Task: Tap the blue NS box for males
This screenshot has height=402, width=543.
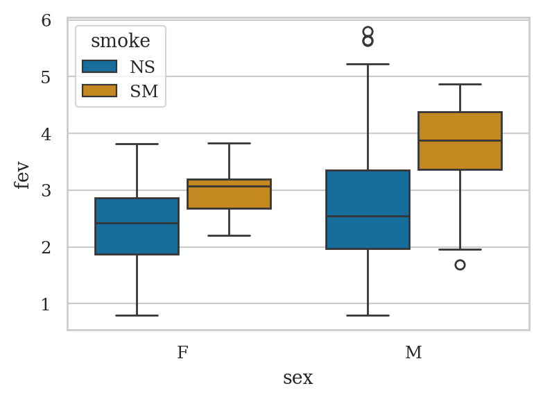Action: tap(368, 209)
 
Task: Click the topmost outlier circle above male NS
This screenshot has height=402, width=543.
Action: tap(368, 32)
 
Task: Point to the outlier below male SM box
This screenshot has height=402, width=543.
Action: tap(460, 265)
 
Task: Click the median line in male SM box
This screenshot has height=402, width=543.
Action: tap(460, 140)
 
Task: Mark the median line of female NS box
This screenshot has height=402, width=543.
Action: tap(137, 223)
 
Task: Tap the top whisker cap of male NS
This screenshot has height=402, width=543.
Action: tap(368, 64)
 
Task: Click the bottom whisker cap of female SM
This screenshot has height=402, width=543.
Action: tap(229, 235)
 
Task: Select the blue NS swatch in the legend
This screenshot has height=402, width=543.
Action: tap(98, 67)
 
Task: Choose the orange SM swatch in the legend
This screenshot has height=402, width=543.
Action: tap(98, 90)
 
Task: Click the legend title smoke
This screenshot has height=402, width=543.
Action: tap(120, 41)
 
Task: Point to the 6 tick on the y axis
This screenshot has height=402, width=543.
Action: tap(46, 20)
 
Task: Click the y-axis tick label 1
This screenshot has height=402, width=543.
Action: tap(46, 304)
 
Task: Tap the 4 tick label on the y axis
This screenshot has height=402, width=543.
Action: tap(46, 133)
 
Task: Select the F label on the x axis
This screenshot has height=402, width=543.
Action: tap(182, 353)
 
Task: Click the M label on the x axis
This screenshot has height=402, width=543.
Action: tap(413, 353)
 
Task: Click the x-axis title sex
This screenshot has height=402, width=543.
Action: tap(298, 378)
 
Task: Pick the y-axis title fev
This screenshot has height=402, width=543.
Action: tap(22, 175)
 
